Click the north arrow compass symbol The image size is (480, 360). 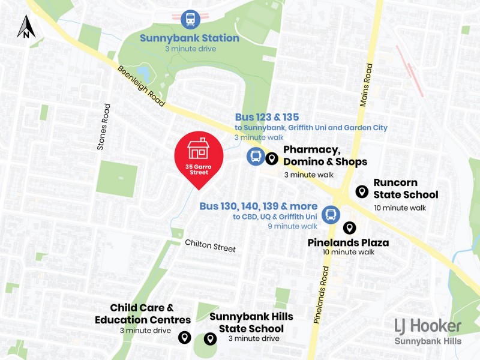pyautogui.click(x=26, y=27)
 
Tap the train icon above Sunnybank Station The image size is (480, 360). pyautogui.click(x=190, y=19)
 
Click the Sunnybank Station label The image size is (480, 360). pyautogui.click(x=190, y=38)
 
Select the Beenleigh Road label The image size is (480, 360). pyautogui.click(x=142, y=86)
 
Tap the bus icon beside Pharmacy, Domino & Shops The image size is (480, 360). pyautogui.click(x=256, y=157)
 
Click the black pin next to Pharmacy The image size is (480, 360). pyautogui.click(x=271, y=158)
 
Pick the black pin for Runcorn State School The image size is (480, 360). pyautogui.click(x=362, y=191)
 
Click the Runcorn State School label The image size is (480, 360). pyautogui.click(x=406, y=188)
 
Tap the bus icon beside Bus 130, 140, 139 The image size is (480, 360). pyautogui.click(x=330, y=214)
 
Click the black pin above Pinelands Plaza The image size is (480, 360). pyautogui.click(x=349, y=228)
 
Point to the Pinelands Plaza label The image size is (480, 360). pyautogui.click(x=348, y=242)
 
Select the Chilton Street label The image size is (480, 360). pyautogui.click(x=210, y=245)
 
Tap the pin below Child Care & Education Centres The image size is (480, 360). pyautogui.click(x=184, y=338)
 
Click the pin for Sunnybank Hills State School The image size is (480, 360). pyautogui.click(x=210, y=339)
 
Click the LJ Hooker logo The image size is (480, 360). pyautogui.click(x=428, y=326)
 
